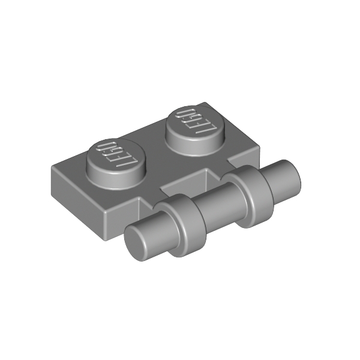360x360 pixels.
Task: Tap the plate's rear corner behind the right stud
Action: [x=206, y=103]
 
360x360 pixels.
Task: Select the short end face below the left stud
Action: [x=75, y=192]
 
